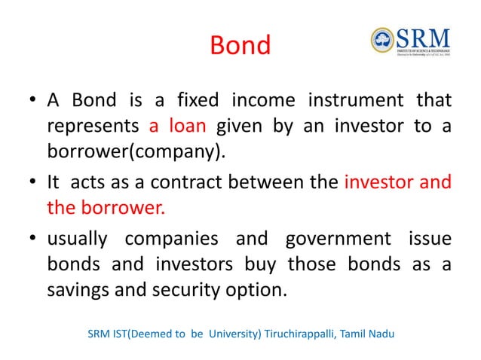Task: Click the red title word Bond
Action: click(x=240, y=46)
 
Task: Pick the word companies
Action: click(x=177, y=239)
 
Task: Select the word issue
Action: click(x=430, y=239)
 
